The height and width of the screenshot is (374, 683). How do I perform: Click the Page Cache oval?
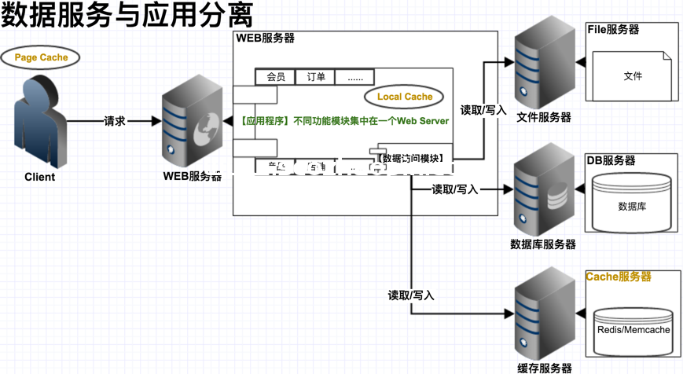pos(41,57)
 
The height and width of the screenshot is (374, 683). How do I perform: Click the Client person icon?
pos(39,122)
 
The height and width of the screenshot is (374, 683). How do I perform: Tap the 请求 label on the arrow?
pos(115,122)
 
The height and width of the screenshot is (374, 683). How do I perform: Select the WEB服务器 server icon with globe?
pos(192,123)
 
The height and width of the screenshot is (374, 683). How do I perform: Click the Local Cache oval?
pos(405,97)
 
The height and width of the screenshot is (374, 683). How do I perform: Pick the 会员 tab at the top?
pos(276,77)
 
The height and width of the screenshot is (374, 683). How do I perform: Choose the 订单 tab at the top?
pos(316,77)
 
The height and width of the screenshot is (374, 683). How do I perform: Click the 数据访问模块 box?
pos(411,158)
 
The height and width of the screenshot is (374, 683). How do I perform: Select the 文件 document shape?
pos(633,76)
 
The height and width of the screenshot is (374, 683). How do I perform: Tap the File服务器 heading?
pos(613,30)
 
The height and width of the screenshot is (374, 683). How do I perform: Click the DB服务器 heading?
pos(611,160)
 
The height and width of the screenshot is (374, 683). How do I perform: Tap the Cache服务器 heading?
pos(619,277)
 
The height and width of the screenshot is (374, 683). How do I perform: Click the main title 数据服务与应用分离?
pos(126,16)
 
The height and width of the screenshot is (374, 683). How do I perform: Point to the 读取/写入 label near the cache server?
pos(411,295)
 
